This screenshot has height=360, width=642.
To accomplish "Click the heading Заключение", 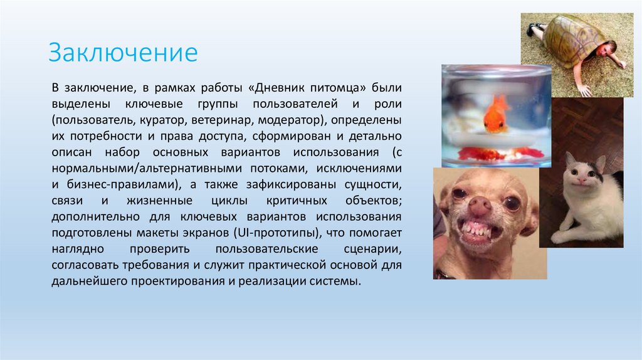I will coord(124,53).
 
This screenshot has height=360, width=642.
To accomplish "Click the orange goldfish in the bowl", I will coord(497,113).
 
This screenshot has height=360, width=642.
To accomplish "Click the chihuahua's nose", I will coord(480,206).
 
